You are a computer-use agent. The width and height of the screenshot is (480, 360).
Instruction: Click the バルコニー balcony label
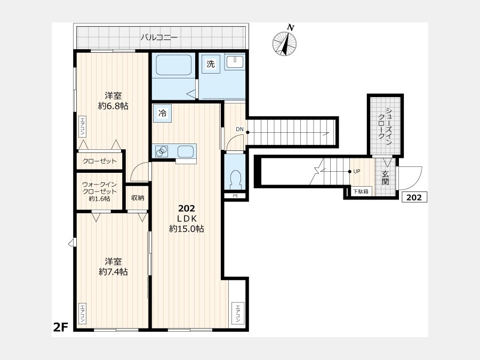pos(159,38)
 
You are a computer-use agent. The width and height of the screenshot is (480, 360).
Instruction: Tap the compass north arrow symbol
pos(285,42)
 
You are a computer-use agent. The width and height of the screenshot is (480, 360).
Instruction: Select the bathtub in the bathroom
pos(173,65)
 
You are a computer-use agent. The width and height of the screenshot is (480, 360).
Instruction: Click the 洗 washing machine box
pos(211,64)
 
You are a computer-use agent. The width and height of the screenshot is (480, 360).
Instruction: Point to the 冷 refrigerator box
pos(162,113)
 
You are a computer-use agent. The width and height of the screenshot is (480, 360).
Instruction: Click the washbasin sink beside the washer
pos(235,62)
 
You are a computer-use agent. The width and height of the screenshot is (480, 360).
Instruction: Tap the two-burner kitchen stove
pos(161,151)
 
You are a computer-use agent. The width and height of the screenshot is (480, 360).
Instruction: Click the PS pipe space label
pos(235,196)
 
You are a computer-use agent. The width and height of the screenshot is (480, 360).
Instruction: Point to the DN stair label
pos(239,129)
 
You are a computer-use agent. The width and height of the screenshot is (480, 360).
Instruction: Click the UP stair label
pos(357,171)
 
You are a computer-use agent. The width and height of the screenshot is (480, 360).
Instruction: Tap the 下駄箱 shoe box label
pos(361,191)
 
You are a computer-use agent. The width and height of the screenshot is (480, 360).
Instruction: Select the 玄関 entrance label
pos(385,178)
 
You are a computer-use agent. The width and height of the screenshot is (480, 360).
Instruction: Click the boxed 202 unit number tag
pos(414,197)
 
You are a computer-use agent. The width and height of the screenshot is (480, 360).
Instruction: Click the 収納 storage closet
pos(138,198)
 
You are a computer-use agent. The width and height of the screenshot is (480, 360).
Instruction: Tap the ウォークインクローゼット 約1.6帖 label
pos(100,191)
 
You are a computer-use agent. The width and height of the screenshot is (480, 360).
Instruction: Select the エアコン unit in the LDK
pos(238,313)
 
